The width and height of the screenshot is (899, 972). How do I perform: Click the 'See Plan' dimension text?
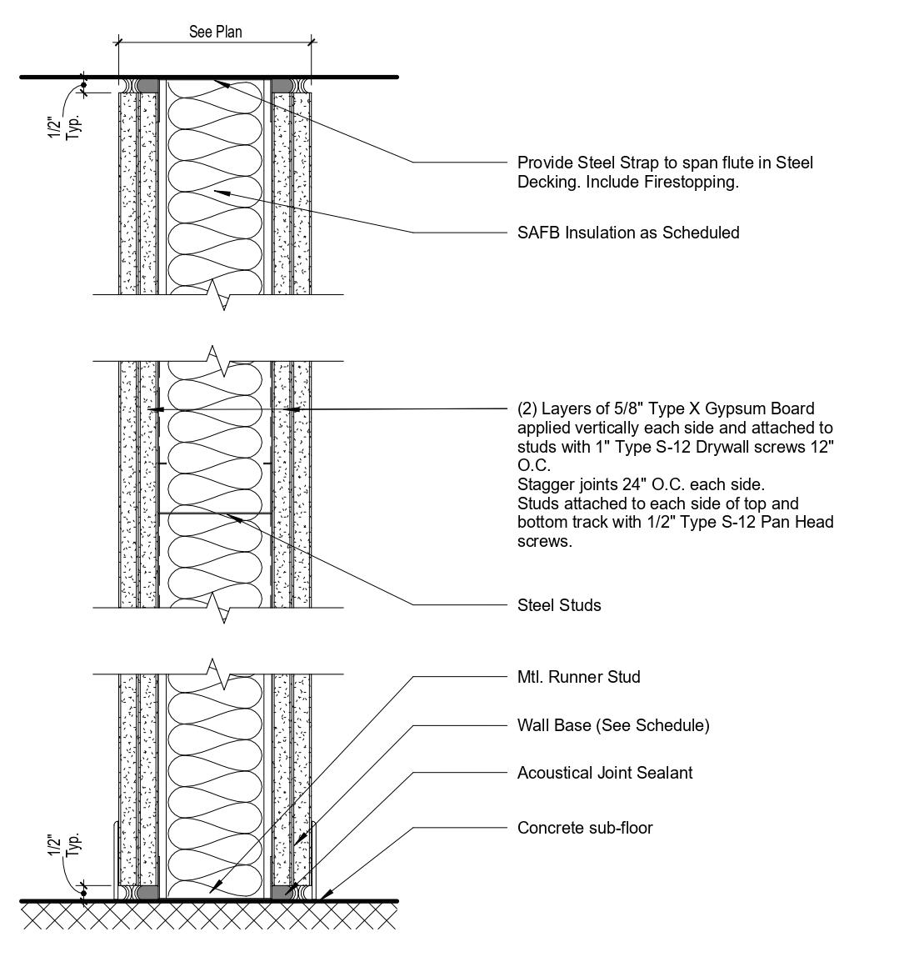215,33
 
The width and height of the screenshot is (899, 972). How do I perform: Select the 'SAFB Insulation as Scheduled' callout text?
628,233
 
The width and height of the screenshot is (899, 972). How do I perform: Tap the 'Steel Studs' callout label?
559,605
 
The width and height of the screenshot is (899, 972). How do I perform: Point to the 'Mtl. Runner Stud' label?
578,677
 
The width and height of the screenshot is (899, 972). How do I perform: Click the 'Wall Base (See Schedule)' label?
613,725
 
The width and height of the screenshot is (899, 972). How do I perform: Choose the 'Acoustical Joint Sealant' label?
604,773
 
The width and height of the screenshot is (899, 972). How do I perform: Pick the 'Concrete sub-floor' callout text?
585,828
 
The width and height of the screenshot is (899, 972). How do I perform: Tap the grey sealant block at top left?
147,85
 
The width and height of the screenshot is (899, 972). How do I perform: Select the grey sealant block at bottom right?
282,892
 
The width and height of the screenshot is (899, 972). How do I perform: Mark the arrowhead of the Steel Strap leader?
218,82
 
